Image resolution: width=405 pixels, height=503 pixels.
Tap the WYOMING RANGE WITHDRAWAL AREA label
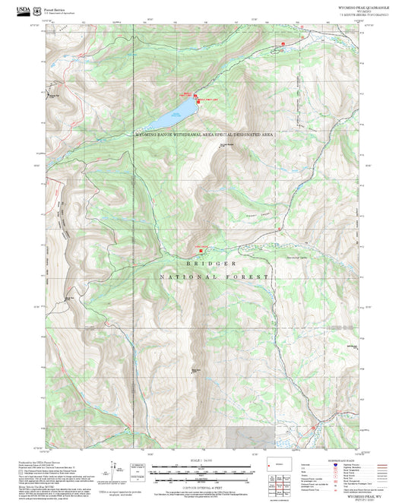coord(203,134)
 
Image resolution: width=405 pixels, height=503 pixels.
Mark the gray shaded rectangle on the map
coord(250,436)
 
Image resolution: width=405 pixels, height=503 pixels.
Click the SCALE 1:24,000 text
coord(201,460)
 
